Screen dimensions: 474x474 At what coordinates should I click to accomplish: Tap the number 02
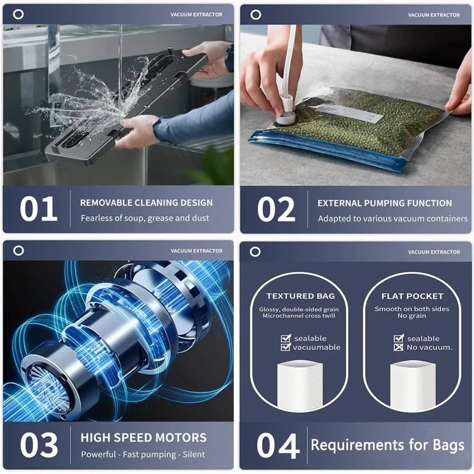pyautogui.click(x=276, y=209)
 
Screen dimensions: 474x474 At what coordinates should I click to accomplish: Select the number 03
pyautogui.click(x=38, y=446)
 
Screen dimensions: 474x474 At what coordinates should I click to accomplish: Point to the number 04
pyautogui.click(x=278, y=446)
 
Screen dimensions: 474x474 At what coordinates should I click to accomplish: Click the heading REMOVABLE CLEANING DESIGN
pyautogui.click(x=146, y=203)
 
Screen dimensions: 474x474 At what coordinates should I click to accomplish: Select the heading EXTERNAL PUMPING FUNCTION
pyautogui.click(x=384, y=203)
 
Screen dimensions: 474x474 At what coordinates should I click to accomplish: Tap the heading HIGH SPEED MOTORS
pyautogui.click(x=143, y=438)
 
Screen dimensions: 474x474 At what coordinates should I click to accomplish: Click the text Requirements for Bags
pyautogui.click(x=387, y=445)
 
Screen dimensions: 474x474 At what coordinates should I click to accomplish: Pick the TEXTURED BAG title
pyautogui.click(x=300, y=296)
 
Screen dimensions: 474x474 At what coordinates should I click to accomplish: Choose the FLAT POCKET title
pyautogui.click(x=412, y=296)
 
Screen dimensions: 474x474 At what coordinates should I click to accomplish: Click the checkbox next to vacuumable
pyautogui.click(x=286, y=347)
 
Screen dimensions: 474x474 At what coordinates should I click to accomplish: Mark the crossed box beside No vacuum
pyautogui.click(x=399, y=347)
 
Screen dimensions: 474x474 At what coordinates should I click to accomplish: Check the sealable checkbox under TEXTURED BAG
pyautogui.click(x=286, y=338)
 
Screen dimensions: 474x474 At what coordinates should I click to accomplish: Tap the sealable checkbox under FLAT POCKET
pyautogui.click(x=399, y=338)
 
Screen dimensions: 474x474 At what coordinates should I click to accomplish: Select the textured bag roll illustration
pyautogui.click(x=300, y=386)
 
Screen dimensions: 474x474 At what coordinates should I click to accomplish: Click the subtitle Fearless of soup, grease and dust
pyautogui.click(x=145, y=219)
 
